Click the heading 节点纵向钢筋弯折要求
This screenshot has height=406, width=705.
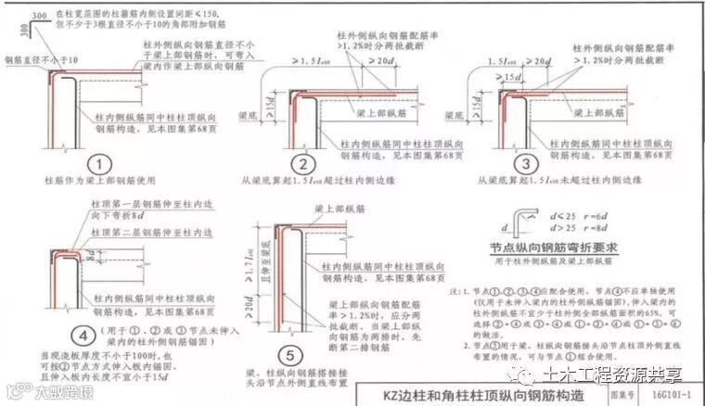point(550,247)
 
